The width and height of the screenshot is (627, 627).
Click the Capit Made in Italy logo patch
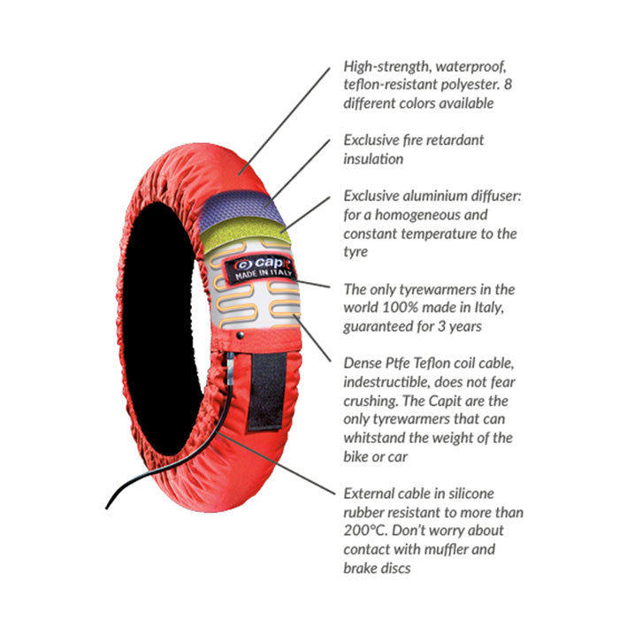click(x=261, y=269)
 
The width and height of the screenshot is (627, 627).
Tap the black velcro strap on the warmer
click(x=267, y=392)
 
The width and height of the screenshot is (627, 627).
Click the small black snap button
click(x=240, y=335)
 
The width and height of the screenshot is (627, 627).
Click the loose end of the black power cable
click(x=106, y=508)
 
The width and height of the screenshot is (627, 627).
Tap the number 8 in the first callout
click(x=508, y=84)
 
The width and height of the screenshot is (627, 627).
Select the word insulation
click(x=373, y=159)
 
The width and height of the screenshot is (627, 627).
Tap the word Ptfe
click(x=397, y=363)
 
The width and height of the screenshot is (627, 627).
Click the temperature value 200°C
click(x=365, y=531)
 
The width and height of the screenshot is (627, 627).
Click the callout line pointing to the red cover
click(x=284, y=121)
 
